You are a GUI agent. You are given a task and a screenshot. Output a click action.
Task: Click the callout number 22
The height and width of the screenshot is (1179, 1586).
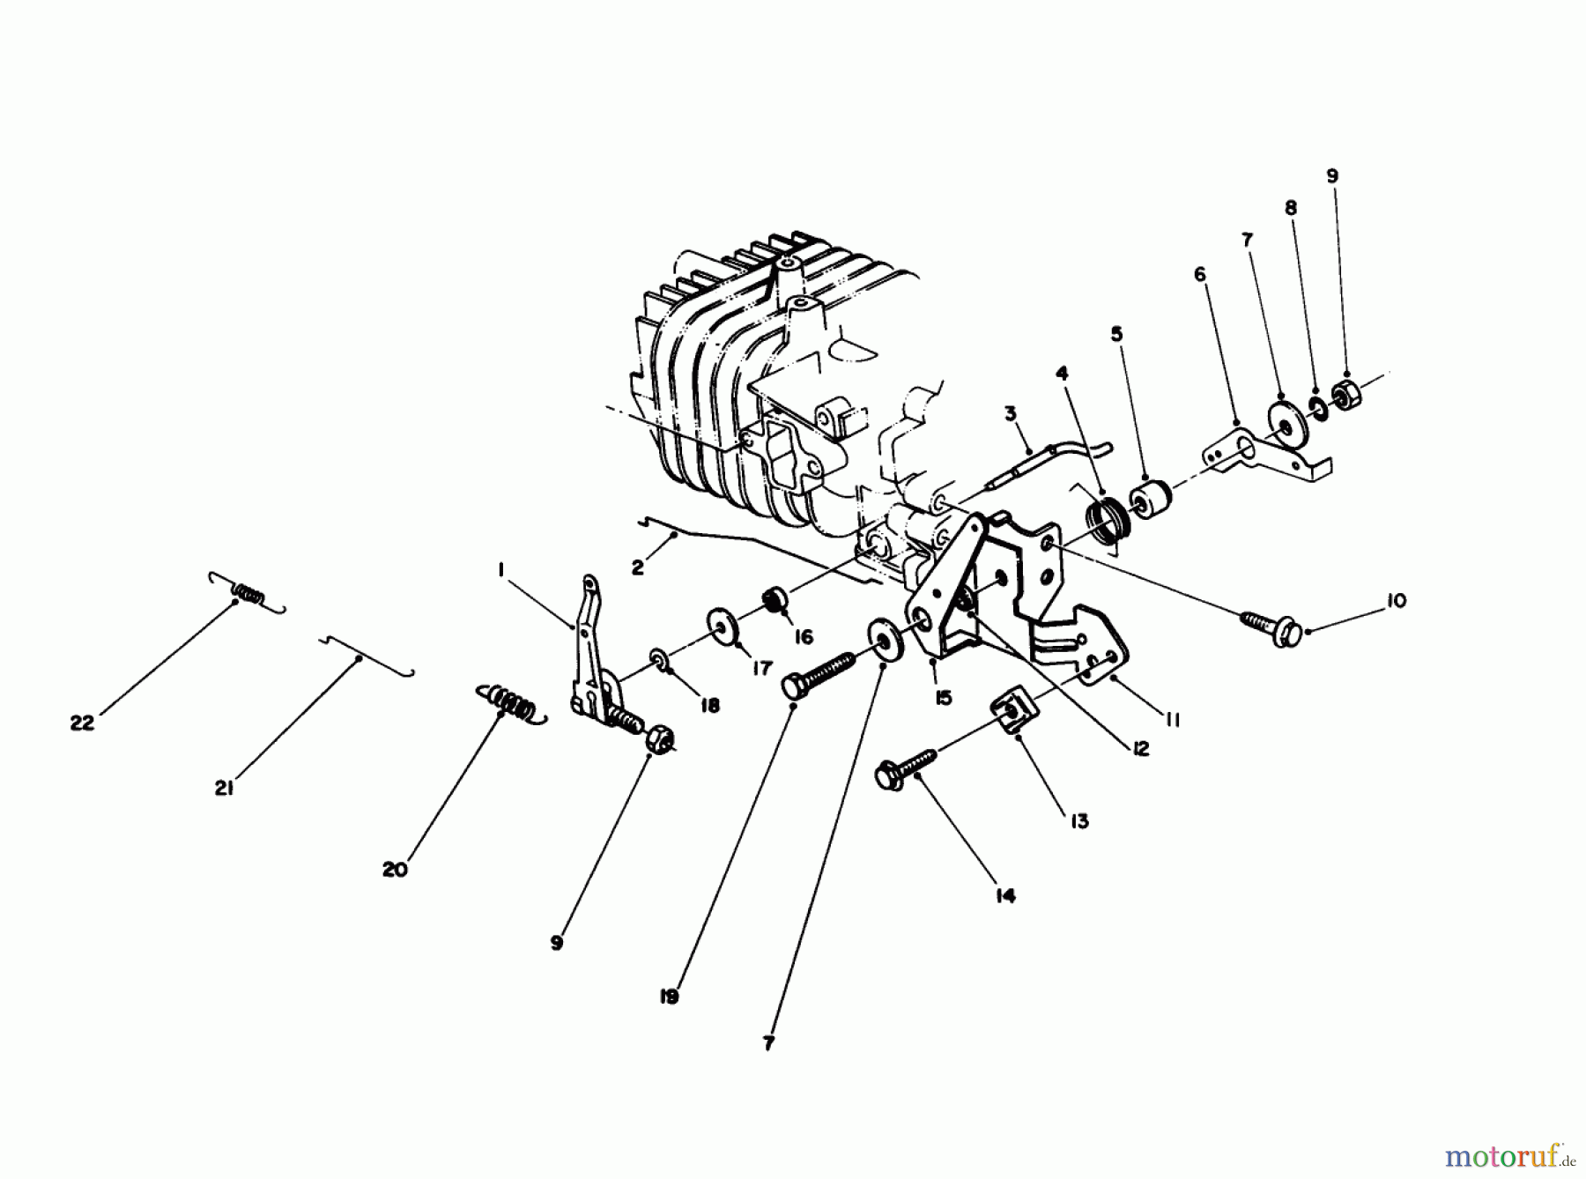pyautogui.click(x=82, y=723)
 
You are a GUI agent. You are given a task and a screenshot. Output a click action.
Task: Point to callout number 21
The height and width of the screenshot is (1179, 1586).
pyautogui.click(x=224, y=790)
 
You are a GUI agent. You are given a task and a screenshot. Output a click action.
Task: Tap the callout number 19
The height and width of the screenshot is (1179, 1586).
pyautogui.click(x=669, y=997)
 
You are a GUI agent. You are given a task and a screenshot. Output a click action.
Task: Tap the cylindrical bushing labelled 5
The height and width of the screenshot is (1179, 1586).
pyautogui.click(x=1151, y=501)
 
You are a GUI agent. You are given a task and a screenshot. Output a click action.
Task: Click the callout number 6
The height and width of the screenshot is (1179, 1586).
pyautogui.click(x=1200, y=275)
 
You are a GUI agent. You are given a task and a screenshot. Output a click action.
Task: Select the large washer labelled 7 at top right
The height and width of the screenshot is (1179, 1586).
pyautogui.click(x=1286, y=424)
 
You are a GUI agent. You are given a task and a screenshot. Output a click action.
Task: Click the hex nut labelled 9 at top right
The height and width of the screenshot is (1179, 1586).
pyautogui.click(x=1346, y=395)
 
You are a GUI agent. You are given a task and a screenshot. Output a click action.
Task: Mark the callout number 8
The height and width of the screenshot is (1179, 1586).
pyautogui.click(x=1291, y=209)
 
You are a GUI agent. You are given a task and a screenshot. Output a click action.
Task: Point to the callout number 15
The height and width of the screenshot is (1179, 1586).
pyautogui.click(x=943, y=698)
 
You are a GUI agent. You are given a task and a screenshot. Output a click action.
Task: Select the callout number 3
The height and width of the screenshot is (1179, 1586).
pyautogui.click(x=1011, y=412)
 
